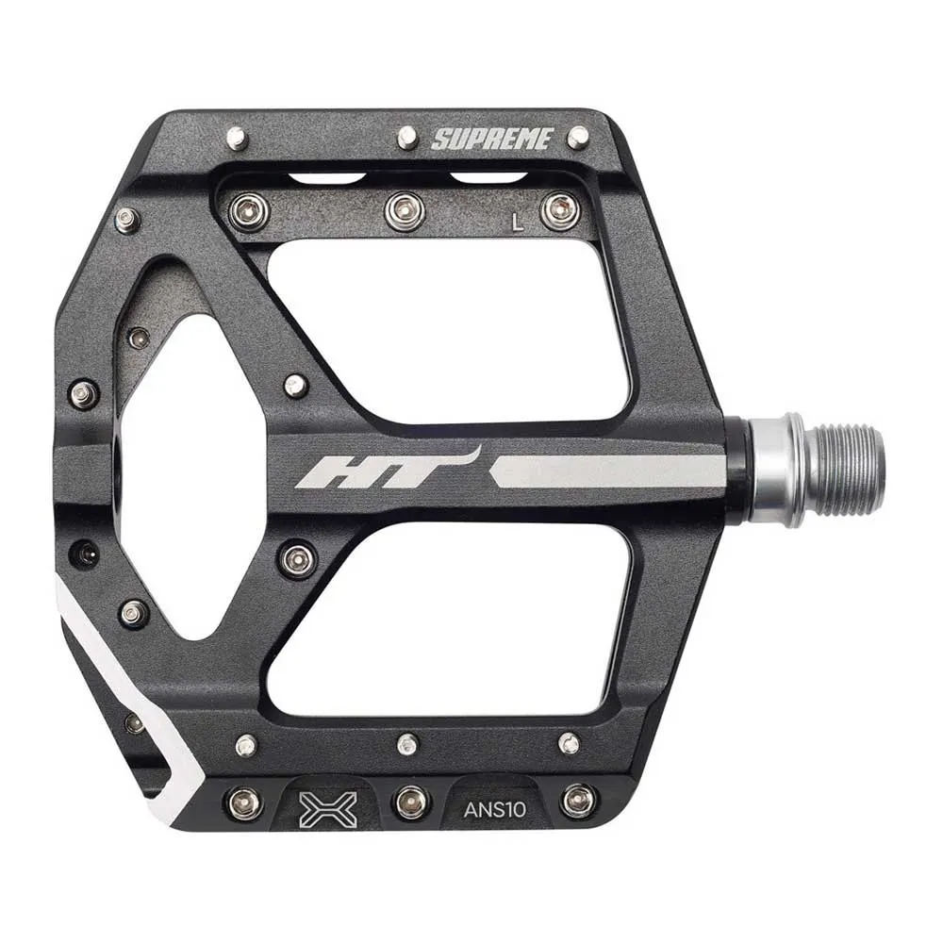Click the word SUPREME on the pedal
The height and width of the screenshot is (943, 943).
[x=491, y=140]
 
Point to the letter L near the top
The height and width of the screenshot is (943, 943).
[x=516, y=223]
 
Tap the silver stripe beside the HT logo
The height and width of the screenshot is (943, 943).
[x=608, y=471]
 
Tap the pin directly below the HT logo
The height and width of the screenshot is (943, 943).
[x=296, y=557]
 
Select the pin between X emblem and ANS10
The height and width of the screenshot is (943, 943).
[x=412, y=802]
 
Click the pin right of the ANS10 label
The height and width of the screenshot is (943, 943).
[x=577, y=802]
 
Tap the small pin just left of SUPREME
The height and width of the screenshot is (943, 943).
[x=406, y=138]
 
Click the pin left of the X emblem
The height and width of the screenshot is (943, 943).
[x=245, y=802]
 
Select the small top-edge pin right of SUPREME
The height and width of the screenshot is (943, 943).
[x=577, y=137]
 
